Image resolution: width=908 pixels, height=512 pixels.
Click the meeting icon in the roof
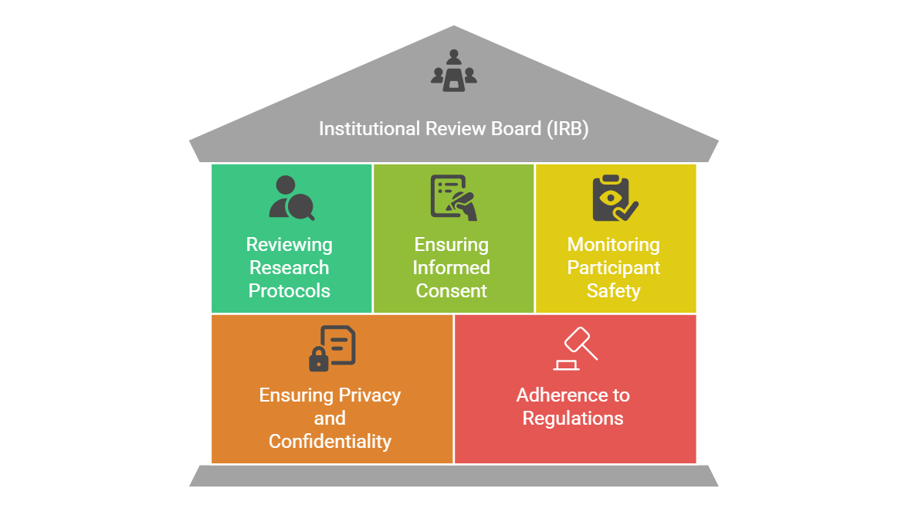[453, 70]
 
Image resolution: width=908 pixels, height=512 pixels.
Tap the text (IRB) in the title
[567, 129]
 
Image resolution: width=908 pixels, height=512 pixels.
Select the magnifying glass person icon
[291, 198]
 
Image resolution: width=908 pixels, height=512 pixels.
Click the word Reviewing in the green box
[290, 245]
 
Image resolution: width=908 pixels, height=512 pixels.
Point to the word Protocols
[290, 291]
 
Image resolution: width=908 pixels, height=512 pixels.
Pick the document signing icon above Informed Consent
[453, 198]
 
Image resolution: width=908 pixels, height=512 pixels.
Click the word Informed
[452, 268]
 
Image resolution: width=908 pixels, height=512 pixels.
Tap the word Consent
[452, 291]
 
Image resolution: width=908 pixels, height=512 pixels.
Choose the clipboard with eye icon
[615, 198]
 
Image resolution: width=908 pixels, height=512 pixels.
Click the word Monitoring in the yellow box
[614, 245]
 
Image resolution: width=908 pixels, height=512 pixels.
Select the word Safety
[614, 291]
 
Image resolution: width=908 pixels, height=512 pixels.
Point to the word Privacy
[366, 395]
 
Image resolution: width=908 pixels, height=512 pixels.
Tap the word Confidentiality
[330, 442]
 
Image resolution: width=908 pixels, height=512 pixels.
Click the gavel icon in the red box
[575, 349]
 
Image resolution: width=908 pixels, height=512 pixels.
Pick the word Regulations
[573, 419]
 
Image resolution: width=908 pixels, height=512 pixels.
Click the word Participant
[614, 268]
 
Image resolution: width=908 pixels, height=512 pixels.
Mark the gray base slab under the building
[453, 476]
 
